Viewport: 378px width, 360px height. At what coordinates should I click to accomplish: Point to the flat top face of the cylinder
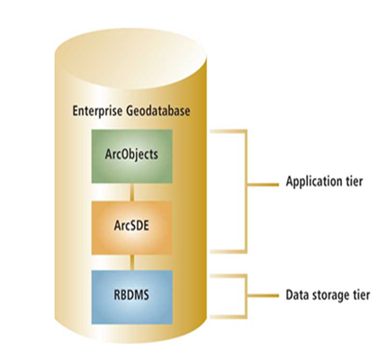coord(136,40)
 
